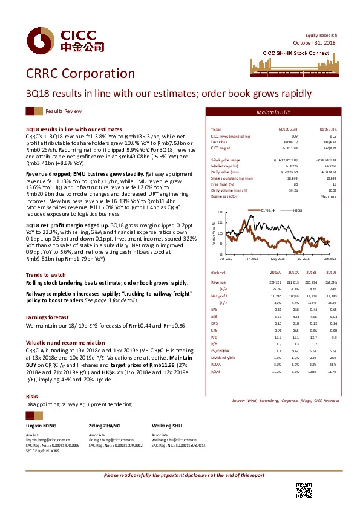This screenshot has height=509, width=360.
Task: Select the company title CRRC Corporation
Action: click(80, 74)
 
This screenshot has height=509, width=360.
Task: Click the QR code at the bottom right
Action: click(304, 490)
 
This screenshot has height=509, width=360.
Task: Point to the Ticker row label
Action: click(216, 129)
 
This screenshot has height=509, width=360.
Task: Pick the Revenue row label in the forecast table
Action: click(218, 282)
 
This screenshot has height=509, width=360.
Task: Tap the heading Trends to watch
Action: click(46, 274)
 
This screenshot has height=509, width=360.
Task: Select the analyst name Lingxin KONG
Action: click(42, 426)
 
